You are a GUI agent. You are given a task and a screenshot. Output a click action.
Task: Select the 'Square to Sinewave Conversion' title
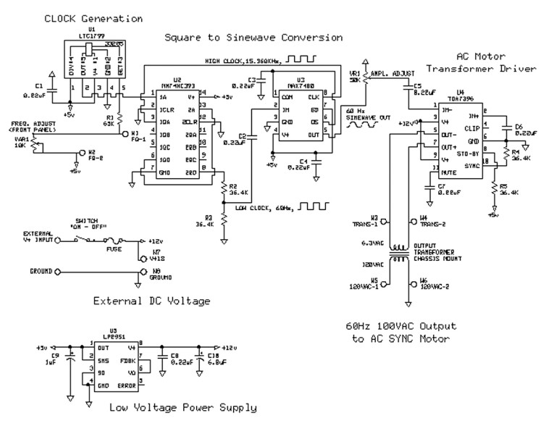[253, 37]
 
